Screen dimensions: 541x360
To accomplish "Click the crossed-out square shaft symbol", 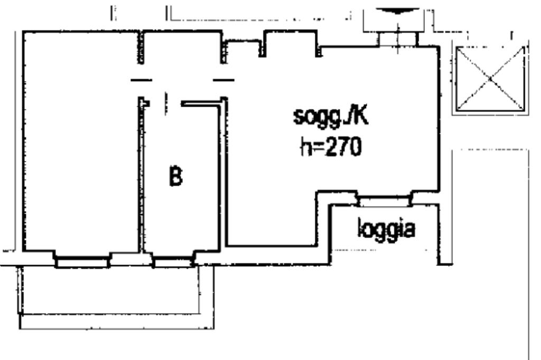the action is pos(490,79).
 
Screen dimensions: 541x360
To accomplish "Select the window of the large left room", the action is pos(82,261).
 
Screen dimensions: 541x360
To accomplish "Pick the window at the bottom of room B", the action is pos(172,261).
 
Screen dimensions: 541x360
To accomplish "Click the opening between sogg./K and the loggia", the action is pos(384,201).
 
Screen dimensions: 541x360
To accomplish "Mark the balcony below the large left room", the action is pos(111,296).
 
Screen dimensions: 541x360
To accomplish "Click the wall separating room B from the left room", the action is pos(141,174).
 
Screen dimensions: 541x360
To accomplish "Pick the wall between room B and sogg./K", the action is pos(223,174).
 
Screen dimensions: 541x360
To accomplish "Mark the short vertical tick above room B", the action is pos(165,102).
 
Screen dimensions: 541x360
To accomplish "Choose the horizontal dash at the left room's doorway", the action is pos(141,80).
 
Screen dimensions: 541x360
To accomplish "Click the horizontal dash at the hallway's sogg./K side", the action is pos(223,80).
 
